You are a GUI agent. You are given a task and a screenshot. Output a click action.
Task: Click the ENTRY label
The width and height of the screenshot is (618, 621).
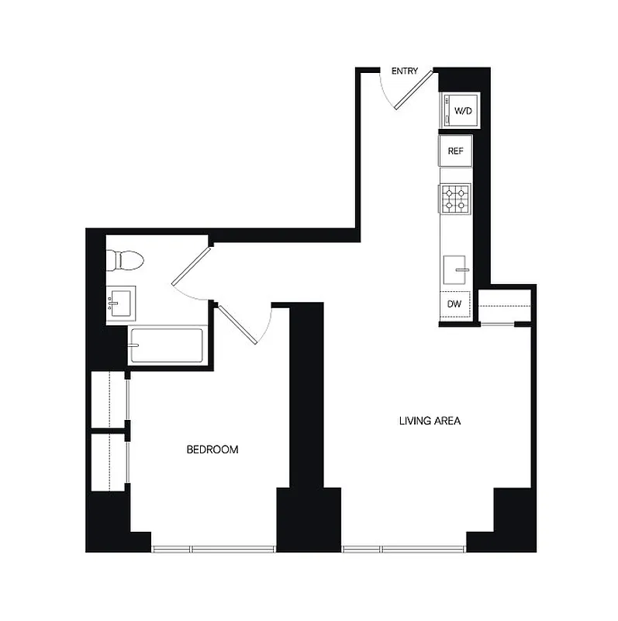[x=404, y=71]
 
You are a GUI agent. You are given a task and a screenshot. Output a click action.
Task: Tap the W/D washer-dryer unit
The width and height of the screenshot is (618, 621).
[x=459, y=111]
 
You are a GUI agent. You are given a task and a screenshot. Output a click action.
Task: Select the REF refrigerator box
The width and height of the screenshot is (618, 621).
[x=455, y=151]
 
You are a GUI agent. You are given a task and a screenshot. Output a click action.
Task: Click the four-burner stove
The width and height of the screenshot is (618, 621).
[x=455, y=199]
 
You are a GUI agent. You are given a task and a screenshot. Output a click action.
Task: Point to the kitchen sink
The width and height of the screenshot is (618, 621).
[x=456, y=271]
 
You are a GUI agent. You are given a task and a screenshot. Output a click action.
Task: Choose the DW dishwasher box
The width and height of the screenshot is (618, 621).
[x=454, y=305]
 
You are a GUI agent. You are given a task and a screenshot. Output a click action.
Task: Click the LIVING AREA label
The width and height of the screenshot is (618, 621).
[x=430, y=422]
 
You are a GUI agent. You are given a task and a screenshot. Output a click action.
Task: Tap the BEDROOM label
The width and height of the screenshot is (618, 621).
[x=212, y=449]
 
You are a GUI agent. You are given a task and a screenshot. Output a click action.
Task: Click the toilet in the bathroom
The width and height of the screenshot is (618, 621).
[x=124, y=260]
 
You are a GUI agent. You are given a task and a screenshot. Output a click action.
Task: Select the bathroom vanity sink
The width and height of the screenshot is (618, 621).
[x=120, y=302]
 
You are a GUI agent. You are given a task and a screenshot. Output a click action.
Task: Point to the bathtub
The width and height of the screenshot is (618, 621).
[x=166, y=346]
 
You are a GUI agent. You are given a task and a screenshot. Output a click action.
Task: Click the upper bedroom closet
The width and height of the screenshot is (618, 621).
[x=109, y=399]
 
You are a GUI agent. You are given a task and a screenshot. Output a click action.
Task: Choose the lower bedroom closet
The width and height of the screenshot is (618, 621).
[x=109, y=462]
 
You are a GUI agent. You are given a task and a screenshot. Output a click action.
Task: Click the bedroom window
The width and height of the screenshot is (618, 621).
[x=214, y=550]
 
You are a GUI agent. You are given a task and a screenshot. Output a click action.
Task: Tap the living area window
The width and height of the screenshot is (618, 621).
[x=404, y=550]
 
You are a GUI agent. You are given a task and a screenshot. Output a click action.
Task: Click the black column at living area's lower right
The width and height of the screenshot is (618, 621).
[x=514, y=516]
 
